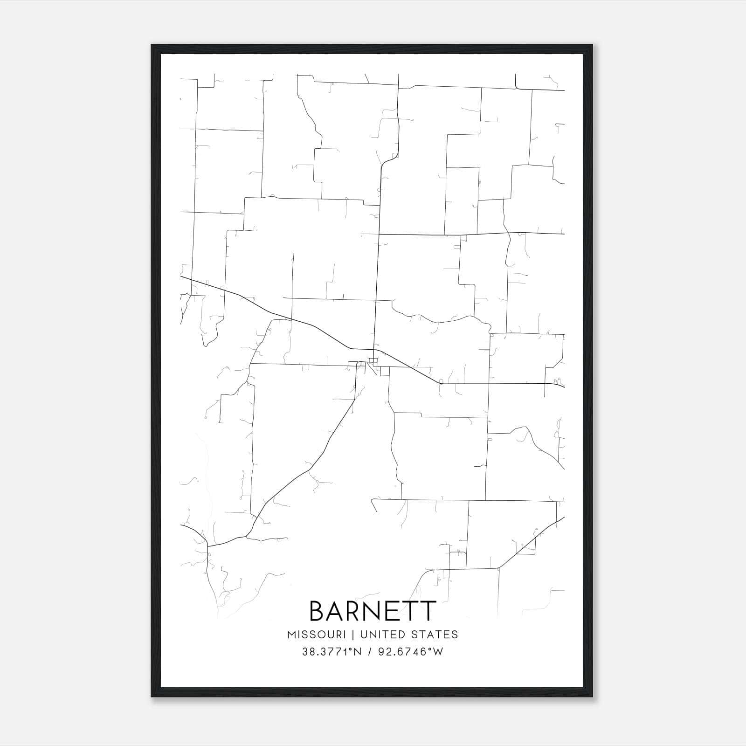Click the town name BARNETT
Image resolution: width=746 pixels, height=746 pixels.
(373, 611)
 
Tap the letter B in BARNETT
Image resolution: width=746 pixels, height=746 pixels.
(318, 611)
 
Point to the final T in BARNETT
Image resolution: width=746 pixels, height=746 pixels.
(428, 611)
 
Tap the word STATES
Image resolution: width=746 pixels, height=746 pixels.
(436, 635)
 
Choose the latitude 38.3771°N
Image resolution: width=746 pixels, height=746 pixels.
(332, 652)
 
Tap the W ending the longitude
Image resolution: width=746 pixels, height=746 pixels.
(438, 652)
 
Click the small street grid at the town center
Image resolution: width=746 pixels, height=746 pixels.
(373, 364)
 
